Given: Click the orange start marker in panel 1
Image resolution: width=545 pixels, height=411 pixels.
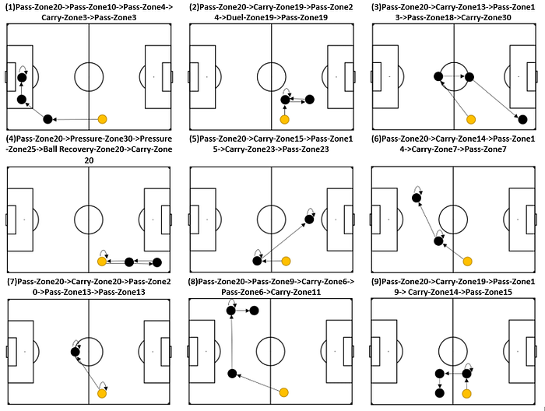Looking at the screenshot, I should (102, 119).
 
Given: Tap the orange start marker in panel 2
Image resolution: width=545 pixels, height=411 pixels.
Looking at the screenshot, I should (285, 119).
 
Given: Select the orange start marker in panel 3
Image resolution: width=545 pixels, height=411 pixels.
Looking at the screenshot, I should (469, 119).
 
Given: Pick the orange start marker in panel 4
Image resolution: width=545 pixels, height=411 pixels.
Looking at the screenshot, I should (102, 262).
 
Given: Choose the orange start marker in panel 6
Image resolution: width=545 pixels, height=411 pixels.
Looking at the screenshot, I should (468, 261).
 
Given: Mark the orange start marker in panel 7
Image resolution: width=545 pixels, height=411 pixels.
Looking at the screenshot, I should (102, 393).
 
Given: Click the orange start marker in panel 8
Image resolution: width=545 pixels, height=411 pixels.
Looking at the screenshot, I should (284, 392).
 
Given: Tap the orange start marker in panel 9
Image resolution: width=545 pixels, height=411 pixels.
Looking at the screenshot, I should (467, 392).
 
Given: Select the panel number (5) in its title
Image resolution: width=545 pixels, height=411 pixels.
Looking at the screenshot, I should (195, 139).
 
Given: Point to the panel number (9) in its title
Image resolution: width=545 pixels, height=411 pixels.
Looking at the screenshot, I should (378, 281).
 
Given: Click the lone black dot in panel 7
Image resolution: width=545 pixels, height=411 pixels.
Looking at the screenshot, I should (75, 352).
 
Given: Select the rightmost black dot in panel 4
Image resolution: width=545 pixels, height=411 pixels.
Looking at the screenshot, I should (156, 262).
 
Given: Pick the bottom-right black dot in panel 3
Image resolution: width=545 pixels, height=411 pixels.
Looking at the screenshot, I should (522, 119).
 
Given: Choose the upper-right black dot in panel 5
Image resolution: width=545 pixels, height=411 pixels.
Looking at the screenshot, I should (309, 220).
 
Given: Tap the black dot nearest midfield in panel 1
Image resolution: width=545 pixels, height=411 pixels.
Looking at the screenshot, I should (47, 119).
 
